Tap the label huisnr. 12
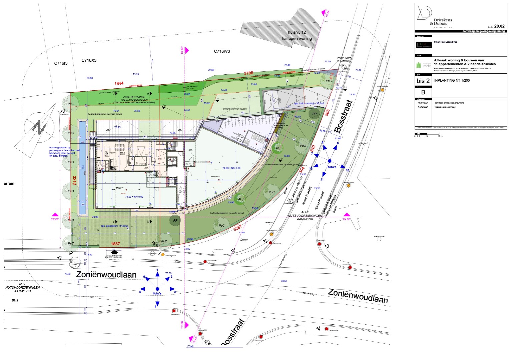pyautogui.click(x=297, y=32)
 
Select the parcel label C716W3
pyautogui.click(x=222, y=51)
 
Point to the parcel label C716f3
pyautogui.click(x=61, y=63)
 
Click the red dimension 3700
pyautogui.click(x=248, y=73)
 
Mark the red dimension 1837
pyautogui.click(x=115, y=244)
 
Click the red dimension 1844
pyautogui.click(x=119, y=83)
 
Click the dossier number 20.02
pyautogui.click(x=499, y=26)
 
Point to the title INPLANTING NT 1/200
pyautogui.click(x=452, y=80)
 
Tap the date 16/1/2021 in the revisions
pyautogui.click(x=422, y=103)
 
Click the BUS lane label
pyautogui.click(x=15, y=300)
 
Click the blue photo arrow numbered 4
pyautogui.click(x=157, y=304)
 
